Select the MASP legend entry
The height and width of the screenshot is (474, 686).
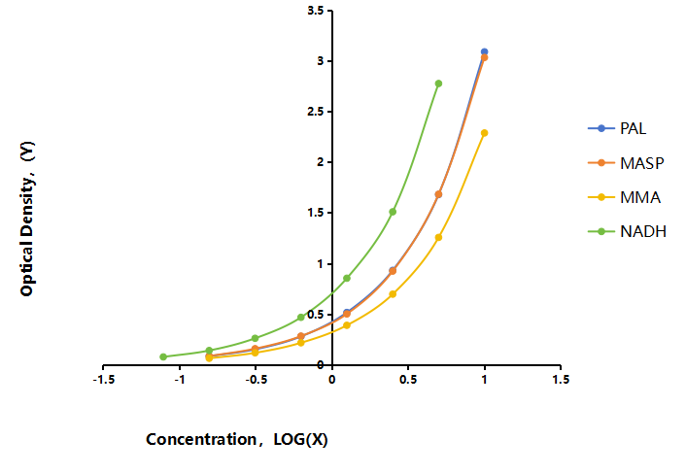[x=626, y=163]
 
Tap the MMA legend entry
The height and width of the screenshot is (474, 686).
[x=625, y=197]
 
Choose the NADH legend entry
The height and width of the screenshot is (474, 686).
[x=628, y=231]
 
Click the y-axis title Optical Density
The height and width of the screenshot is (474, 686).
[x=27, y=219]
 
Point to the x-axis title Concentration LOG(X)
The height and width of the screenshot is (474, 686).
[x=237, y=439]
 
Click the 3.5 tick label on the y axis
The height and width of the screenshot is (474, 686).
[x=316, y=11]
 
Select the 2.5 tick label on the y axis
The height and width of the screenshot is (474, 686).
[x=316, y=112]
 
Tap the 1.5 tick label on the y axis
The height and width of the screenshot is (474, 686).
[x=316, y=213]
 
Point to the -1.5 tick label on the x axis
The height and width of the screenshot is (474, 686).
[x=104, y=380]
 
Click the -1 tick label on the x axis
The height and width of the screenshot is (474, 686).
[x=180, y=380]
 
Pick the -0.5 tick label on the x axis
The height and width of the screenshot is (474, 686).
[x=256, y=380]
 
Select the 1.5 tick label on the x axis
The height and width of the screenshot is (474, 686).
[x=561, y=380]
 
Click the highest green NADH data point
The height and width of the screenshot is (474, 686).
[x=438, y=84]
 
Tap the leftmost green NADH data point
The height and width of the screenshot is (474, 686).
[x=163, y=356]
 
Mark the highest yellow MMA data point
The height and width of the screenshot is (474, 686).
[x=484, y=133]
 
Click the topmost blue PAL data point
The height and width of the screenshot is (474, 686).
[x=484, y=51]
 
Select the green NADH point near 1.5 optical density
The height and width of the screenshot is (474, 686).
[x=393, y=212]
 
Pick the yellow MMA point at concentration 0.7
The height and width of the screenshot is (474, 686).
[x=438, y=237]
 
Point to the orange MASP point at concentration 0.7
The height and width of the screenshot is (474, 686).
[x=438, y=194]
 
